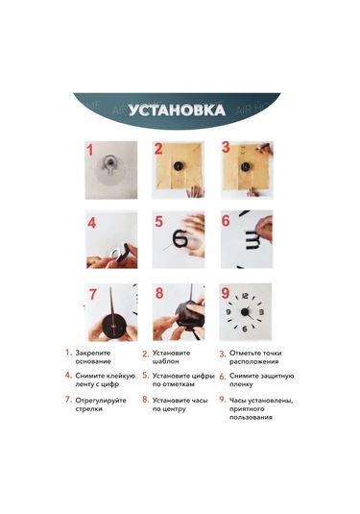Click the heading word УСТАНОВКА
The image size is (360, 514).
point(177,110)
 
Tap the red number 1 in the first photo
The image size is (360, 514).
point(90,151)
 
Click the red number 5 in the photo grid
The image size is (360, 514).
point(158,221)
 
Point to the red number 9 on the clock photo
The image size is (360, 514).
point(225,293)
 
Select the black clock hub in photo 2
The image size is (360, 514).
point(179,166)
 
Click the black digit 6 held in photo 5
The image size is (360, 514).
point(180,238)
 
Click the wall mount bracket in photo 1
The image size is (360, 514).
point(109,164)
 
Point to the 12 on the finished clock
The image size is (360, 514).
point(245,296)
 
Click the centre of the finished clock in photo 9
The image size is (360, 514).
point(245,311)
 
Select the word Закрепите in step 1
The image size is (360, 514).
point(93,353)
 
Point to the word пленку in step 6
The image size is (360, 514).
point(241,384)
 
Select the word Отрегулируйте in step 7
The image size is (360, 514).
point(101,401)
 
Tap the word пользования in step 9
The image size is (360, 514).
point(251,418)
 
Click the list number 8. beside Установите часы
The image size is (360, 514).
point(146,400)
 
